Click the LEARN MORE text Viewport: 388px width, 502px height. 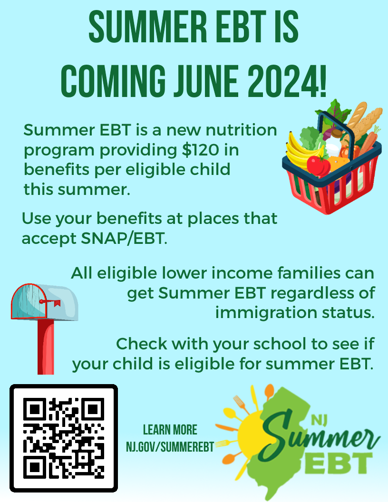[x=170, y=430]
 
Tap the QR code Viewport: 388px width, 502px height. [x=64, y=438]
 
